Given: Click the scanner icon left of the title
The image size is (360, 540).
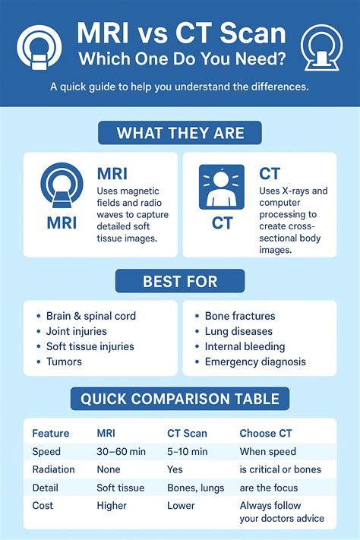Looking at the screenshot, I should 36,49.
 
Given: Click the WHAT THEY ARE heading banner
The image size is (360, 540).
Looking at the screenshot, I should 180,134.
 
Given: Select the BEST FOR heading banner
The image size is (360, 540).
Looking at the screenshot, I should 180,282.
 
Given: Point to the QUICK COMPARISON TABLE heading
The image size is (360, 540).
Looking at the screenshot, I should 180,398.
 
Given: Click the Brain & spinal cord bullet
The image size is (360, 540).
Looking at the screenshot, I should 90,316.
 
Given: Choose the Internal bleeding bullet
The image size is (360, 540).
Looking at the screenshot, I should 245,346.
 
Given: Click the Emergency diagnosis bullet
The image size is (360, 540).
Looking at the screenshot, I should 255,362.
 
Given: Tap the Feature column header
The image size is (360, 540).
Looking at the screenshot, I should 51,434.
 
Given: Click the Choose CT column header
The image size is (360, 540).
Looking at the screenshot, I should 266,434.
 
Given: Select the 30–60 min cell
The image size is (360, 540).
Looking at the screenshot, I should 122,451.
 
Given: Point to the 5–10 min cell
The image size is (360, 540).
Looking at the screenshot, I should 188,451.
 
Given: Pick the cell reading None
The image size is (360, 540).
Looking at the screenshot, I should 109,469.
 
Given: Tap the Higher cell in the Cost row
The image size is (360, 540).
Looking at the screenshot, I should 112,505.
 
